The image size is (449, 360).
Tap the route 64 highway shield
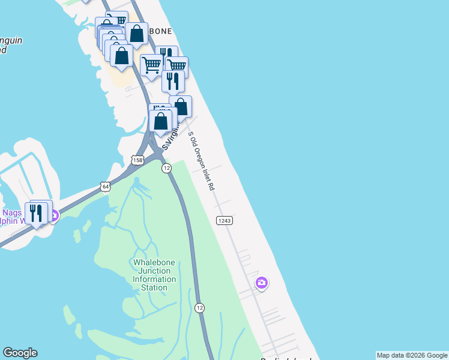[x=105, y=187]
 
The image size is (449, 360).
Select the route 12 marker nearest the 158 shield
[x=166, y=169]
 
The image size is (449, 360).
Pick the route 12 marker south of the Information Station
[x=200, y=307]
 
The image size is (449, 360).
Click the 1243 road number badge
[x=224, y=221]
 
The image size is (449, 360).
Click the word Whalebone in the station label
[x=154, y=262]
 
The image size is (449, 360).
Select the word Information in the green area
[x=154, y=279]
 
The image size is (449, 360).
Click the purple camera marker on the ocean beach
[x=261, y=283]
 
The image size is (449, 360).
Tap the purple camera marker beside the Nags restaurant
[x=53, y=215]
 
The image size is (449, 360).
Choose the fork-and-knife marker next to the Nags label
[x=36, y=213]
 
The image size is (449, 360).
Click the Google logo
[x=20, y=353]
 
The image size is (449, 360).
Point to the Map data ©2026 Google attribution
[x=412, y=355]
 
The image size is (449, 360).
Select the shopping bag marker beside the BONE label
[x=136, y=35]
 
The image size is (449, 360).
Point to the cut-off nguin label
[x=11, y=41]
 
